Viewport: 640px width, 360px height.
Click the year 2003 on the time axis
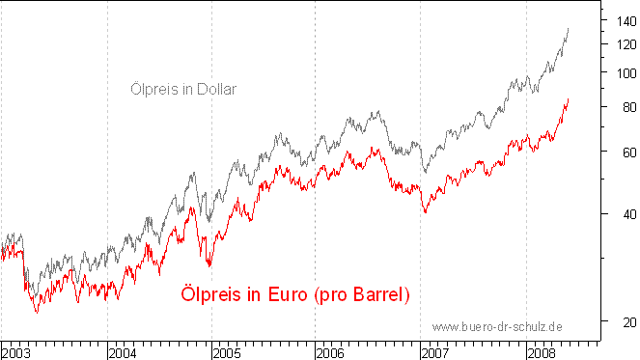pyautogui.click(x=16, y=352)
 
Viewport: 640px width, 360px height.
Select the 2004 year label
pyautogui.click(x=122, y=352)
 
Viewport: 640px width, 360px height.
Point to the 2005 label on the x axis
pyautogui.click(x=227, y=352)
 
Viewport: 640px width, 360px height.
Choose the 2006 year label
pyautogui.click(x=331, y=352)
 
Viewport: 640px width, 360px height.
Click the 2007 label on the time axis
pyautogui.click(x=436, y=352)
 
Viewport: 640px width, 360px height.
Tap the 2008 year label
pyautogui.click(x=541, y=352)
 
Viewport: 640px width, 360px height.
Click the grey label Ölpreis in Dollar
pyautogui.click(x=183, y=89)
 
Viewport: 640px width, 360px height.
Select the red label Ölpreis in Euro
pyautogui.click(x=295, y=294)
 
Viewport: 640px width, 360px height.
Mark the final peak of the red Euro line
pyautogui.click(x=568, y=98)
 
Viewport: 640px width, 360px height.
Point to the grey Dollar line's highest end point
pyautogui.click(x=568, y=29)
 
